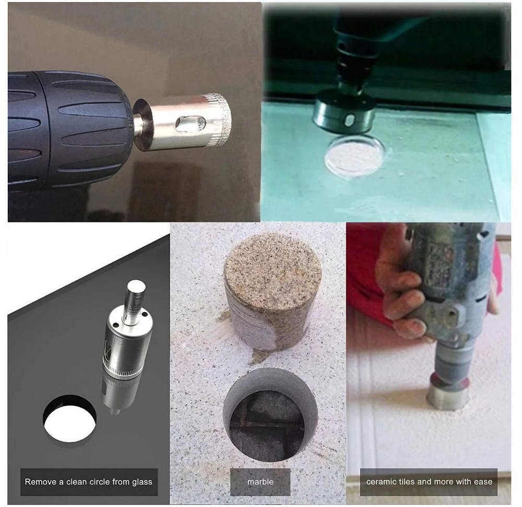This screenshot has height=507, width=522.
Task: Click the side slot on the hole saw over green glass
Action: [x=349, y=120]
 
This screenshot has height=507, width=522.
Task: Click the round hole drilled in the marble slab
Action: [x=270, y=414]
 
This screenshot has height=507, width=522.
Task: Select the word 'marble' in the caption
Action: [x=260, y=481]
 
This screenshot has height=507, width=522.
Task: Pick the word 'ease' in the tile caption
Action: [x=483, y=482]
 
